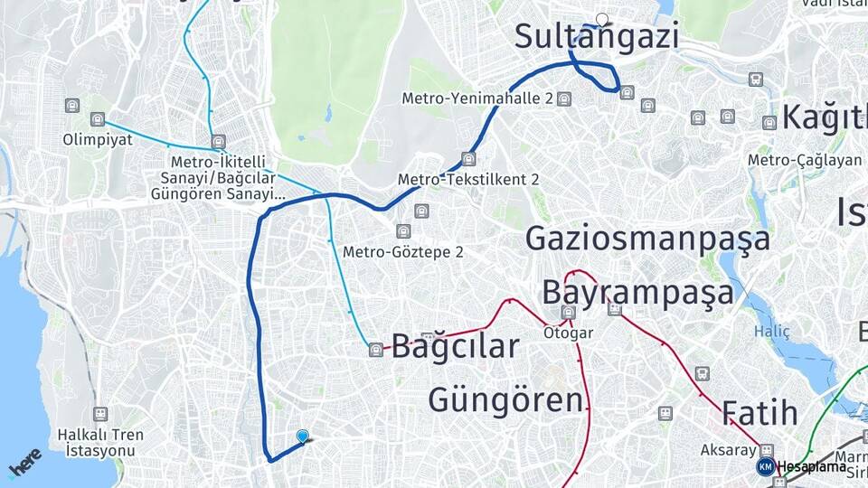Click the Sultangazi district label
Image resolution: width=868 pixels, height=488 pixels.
point(596,37)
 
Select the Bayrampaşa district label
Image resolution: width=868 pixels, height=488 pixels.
point(637,293)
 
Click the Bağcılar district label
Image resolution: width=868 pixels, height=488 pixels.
point(455,345)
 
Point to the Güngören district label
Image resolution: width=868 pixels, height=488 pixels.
point(505,399)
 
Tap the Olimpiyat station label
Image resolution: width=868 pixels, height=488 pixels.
point(98,140)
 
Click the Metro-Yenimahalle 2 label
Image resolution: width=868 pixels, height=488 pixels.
point(477,98)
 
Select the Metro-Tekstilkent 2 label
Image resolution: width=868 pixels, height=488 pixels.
point(468,180)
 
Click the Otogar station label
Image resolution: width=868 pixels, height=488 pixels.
point(568,333)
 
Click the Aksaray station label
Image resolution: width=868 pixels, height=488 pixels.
point(728,449)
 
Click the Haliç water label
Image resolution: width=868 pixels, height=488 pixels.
point(772,332)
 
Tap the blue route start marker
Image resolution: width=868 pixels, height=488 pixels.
point(302,436)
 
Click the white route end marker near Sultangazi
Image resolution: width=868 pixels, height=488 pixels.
point(602,19)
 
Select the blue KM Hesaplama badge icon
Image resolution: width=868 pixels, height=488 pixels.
point(765,466)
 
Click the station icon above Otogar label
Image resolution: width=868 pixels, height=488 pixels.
point(568,313)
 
